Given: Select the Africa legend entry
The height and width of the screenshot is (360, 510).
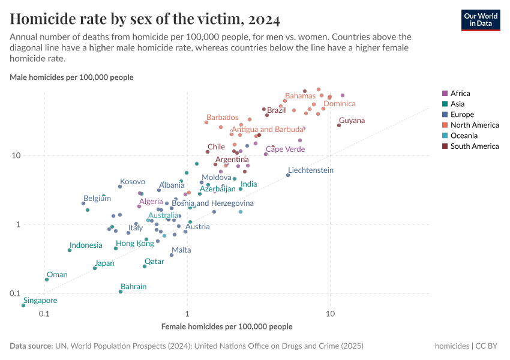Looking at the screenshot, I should (460, 94).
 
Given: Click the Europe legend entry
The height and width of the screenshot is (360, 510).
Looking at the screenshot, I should (462, 115).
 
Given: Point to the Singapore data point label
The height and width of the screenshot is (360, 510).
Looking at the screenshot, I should (40, 301).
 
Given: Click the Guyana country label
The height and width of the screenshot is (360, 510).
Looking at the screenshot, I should (352, 121).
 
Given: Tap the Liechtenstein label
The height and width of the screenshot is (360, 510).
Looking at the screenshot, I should (310, 170).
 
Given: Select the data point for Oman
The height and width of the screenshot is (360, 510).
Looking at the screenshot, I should (47, 280).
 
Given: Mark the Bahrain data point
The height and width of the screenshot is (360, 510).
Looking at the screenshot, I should (121, 292).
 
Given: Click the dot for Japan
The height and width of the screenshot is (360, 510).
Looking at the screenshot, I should (95, 268).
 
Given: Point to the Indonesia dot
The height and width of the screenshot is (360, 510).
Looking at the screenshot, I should (70, 250).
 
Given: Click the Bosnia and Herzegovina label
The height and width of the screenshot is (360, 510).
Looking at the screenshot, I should (212, 203).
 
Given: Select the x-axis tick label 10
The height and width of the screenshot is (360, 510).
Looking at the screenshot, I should (330, 314).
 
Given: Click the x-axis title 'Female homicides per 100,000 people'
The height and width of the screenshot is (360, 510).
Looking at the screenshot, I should (227, 327).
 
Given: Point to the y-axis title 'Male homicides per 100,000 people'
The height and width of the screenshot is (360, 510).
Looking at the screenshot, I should (71, 77).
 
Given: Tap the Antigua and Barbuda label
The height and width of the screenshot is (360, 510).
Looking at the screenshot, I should (268, 130).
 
